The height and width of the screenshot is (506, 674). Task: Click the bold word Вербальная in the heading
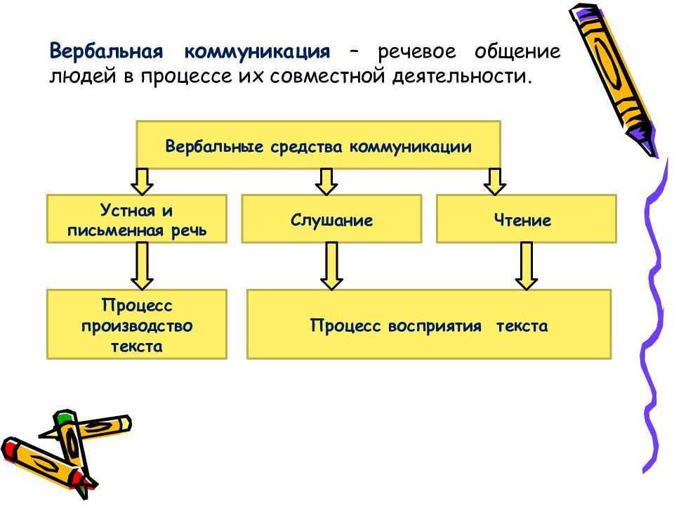click(106, 52)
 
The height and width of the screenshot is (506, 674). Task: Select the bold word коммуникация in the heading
click(257, 52)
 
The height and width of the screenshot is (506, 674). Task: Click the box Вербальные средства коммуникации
click(317, 145)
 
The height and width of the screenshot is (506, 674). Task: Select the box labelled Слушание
click(331, 219)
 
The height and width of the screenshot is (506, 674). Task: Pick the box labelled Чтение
click(526, 219)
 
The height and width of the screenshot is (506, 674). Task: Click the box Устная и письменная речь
click(137, 219)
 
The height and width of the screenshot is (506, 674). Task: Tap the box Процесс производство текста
click(137, 325)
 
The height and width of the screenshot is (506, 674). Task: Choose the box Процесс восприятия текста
click(428, 325)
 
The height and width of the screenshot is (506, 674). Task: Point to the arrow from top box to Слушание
click(326, 181)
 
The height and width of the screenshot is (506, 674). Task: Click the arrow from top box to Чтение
click(495, 181)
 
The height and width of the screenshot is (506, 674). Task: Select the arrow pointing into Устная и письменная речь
click(143, 181)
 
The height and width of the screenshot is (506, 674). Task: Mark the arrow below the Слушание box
click(331, 266)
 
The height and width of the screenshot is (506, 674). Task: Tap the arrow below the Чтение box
click(527, 266)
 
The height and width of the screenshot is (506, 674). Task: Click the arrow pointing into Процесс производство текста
click(143, 266)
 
